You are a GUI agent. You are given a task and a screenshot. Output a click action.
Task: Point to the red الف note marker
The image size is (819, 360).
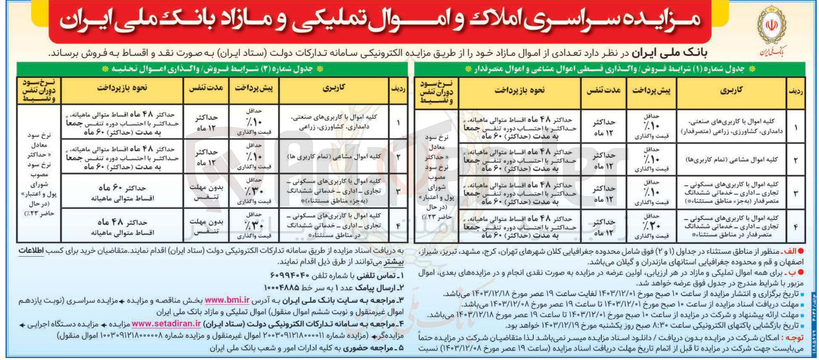[801, 250]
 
